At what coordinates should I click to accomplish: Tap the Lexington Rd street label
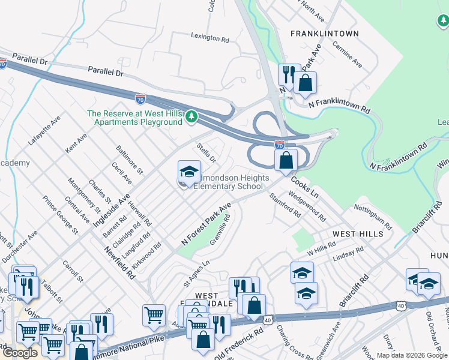[210, 38]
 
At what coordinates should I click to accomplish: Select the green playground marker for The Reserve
[191, 116]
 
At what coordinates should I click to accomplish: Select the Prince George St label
[60, 214]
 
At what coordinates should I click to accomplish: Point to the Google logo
[20, 353]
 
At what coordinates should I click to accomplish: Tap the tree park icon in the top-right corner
[442, 22]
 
